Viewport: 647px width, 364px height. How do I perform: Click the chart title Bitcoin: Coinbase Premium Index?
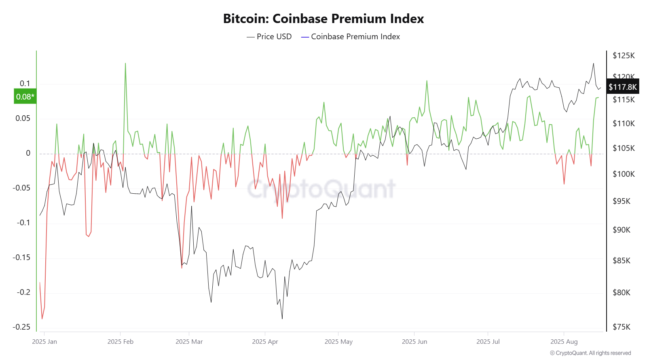pyautogui.click(x=323, y=19)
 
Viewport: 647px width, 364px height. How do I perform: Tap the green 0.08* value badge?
pyautogui.click(x=25, y=97)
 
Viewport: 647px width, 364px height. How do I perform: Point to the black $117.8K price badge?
pyautogui.click(x=623, y=87)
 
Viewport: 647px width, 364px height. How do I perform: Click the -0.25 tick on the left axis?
pyautogui.click(x=21, y=327)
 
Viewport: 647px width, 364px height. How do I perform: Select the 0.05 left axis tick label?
pyautogui.click(x=23, y=118)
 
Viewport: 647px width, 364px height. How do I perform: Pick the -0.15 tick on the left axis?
pyautogui.click(x=21, y=257)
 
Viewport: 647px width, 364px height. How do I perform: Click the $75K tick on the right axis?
pyautogui.click(x=622, y=327)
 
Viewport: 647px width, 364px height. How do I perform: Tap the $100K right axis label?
pyautogui.click(x=624, y=174)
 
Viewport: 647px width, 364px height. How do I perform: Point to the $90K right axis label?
pyautogui.click(x=622, y=230)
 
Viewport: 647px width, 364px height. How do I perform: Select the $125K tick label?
pyautogui.click(x=624, y=55)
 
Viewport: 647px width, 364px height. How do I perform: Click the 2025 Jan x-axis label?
pyautogui.click(x=44, y=342)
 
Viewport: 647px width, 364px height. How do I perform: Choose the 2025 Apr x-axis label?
pyautogui.click(x=265, y=342)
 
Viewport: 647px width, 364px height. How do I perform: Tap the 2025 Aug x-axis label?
pyautogui.click(x=564, y=342)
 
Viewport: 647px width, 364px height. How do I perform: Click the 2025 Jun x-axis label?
pyautogui.click(x=414, y=342)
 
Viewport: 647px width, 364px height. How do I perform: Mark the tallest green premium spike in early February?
pyautogui.click(x=125, y=63)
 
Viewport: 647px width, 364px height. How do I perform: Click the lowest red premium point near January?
pyautogui.click(x=42, y=319)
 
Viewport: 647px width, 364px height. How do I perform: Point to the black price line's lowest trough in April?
pyautogui.click(x=282, y=318)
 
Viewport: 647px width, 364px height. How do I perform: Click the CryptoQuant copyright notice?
pyautogui.click(x=590, y=353)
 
